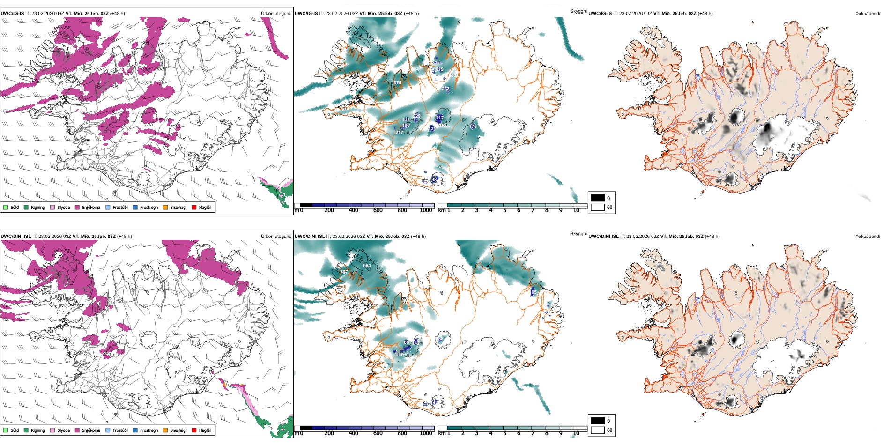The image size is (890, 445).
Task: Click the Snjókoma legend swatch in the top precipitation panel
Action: click(77, 207)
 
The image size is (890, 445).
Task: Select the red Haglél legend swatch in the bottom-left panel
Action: click(194, 430)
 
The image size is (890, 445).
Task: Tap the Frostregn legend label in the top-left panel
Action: click(149, 207)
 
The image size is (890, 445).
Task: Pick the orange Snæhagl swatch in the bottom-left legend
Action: click(165, 430)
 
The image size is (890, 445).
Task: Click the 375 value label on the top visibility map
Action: click(397, 83)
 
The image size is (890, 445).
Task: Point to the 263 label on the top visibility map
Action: click(445, 89)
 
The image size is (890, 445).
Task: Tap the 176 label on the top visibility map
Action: click(473, 126)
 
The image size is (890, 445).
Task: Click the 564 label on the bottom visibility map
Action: click(367, 266)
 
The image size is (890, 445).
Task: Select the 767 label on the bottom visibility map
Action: click(344, 272)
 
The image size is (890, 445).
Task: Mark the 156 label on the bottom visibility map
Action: click(399, 354)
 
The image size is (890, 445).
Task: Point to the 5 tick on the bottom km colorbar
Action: click(505, 433)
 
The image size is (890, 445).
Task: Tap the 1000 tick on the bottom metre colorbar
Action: click(426, 433)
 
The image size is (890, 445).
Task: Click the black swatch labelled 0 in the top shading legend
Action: click(598, 198)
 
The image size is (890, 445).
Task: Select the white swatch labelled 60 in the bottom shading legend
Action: click(598, 430)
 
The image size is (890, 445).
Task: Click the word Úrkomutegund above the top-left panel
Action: click(276, 14)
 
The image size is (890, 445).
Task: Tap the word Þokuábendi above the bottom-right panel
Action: click(868, 237)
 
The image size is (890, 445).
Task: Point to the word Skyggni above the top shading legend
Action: click(578, 11)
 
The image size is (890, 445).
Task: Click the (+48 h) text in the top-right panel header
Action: click(705, 14)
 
